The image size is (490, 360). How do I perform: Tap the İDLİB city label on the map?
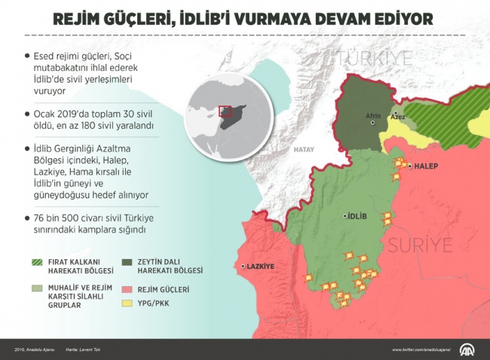tap(357, 216)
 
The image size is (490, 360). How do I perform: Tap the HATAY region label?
tap(304, 150)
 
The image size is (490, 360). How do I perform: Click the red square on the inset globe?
tap(225, 111)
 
